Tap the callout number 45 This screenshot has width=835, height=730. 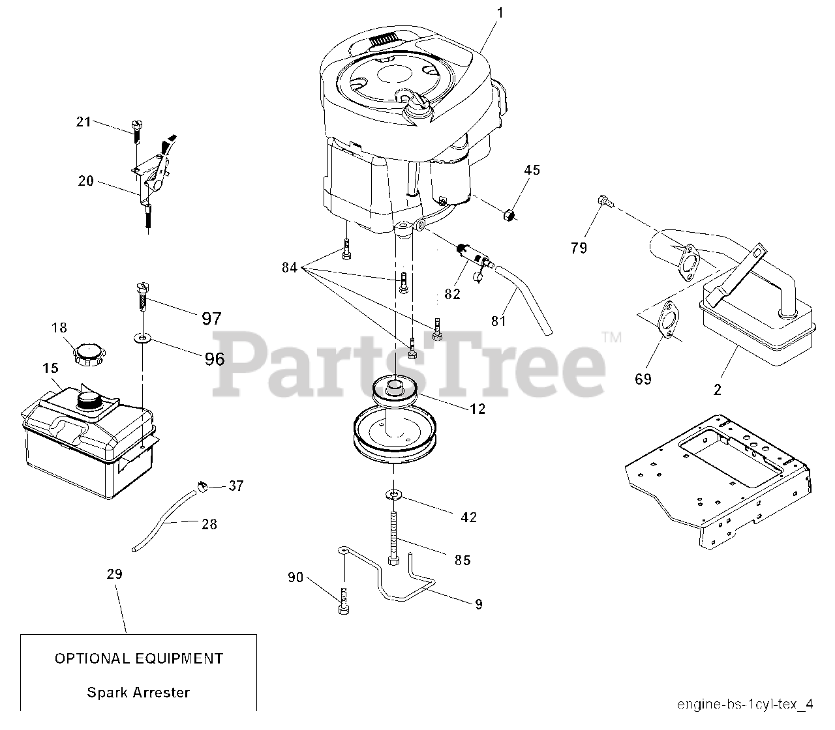tap(532, 170)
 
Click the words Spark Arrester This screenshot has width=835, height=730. tap(138, 692)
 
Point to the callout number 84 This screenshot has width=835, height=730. tap(290, 267)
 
